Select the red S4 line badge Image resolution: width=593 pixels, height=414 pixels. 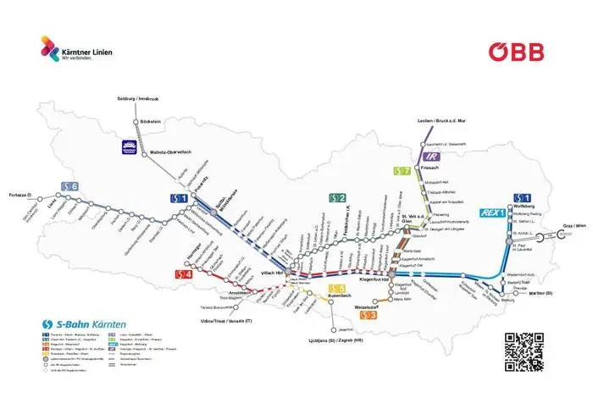click(x=184, y=273)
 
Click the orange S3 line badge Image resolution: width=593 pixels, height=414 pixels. click(x=369, y=315)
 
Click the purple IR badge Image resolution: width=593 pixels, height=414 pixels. click(x=432, y=156)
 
